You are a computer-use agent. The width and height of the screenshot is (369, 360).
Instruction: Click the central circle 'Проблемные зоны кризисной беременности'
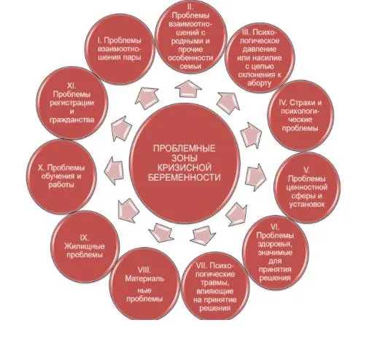[x=184, y=163]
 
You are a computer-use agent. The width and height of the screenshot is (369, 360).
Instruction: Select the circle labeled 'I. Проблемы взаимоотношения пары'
[x=120, y=49]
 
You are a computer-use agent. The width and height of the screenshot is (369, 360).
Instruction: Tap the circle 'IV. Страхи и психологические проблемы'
[x=300, y=116]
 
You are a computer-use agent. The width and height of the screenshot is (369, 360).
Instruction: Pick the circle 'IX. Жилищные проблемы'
[x=85, y=246]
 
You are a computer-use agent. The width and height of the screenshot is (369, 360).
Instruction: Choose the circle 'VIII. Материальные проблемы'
[x=144, y=284]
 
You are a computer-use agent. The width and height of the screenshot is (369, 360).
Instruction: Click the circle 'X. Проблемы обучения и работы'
[x=61, y=176]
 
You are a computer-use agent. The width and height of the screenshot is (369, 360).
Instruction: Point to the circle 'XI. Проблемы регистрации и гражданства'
[x=72, y=103]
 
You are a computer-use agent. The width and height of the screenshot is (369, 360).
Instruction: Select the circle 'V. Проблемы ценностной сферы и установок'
[x=307, y=187]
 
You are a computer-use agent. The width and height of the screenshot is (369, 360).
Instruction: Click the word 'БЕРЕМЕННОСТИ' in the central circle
[x=184, y=177]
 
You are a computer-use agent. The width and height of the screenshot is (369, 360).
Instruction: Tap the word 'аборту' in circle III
[x=259, y=83]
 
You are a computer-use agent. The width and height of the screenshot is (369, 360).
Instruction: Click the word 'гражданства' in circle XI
[x=72, y=120]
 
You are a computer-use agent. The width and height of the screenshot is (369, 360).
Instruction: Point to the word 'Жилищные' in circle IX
[x=85, y=246]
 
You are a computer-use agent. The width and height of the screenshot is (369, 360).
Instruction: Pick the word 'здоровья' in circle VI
[x=275, y=244]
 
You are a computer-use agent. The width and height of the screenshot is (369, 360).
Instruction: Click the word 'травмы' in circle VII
[x=214, y=283]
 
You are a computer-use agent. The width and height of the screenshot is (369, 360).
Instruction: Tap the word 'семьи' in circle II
[x=191, y=66]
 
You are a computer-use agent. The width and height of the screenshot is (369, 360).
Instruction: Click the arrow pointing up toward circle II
[x=188, y=89]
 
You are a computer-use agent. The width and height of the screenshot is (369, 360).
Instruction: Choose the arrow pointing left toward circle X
[x=114, y=171]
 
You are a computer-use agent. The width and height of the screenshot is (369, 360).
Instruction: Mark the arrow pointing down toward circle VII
[x=203, y=235]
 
